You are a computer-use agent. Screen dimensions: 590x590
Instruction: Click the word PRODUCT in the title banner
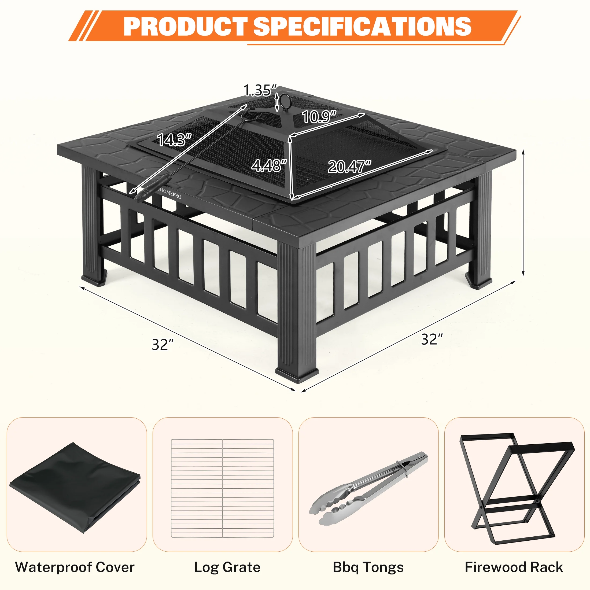coord(185,26)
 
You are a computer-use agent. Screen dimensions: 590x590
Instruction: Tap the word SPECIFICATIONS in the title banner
coord(362,26)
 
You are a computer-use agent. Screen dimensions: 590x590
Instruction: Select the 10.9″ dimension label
coord(319,117)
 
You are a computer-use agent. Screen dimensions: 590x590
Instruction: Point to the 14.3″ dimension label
coord(174,140)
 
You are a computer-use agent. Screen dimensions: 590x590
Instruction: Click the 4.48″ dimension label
coord(269,165)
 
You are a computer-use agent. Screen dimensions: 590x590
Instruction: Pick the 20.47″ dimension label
coord(349,167)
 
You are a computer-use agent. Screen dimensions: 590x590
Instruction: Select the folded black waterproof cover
coord(75,487)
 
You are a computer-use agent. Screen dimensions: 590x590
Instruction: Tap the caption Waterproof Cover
coord(75,567)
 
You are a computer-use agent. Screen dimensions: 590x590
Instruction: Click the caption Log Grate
coord(227,567)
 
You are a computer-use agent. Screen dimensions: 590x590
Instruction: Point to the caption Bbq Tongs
coord(368,567)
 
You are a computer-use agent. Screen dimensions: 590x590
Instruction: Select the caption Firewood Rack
coord(514,567)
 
